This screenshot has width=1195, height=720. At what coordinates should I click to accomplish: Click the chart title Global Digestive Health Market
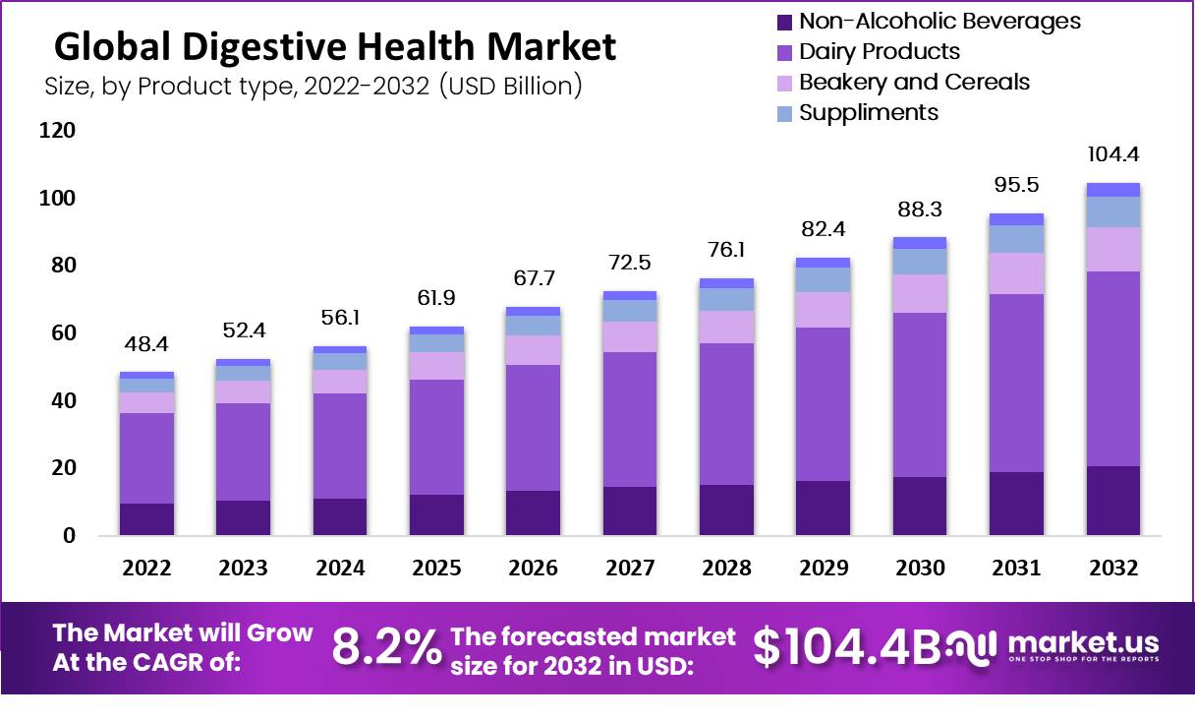[334, 46]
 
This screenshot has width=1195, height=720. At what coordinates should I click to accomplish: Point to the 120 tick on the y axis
[57, 131]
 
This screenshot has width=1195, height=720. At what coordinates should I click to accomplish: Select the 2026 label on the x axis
[534, 569]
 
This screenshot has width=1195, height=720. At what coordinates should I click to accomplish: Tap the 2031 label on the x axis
[1016, 569]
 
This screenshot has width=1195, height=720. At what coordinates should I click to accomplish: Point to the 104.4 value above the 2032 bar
[1112, 155]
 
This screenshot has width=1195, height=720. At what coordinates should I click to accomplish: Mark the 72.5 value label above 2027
[630, 264]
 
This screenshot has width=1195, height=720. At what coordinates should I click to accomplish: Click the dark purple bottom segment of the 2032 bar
[1112, 501]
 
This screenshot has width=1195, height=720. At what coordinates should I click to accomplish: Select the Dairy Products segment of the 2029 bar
[823, 404]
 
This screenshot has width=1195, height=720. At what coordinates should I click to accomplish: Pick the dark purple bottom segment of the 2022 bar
[147, 519]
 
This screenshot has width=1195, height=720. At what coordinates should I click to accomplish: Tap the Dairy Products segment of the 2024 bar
[340, 446]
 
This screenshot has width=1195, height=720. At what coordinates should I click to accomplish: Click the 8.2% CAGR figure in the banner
[386, 648]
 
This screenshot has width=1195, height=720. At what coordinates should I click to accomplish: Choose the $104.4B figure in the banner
[846, 646]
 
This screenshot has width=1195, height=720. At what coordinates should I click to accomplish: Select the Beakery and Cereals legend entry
[914, 82]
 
